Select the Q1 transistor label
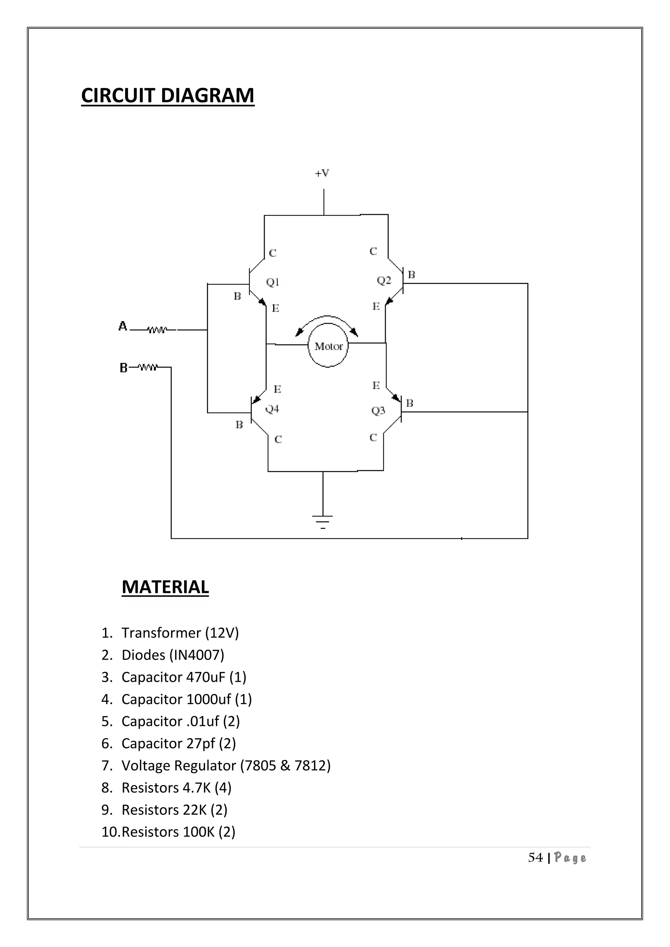273,282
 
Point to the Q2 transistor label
384,281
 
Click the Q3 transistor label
378,410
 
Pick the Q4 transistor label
272,409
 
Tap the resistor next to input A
157,330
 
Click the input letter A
123,326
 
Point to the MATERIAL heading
165,587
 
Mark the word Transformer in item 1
161,633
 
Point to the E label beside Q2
376,306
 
